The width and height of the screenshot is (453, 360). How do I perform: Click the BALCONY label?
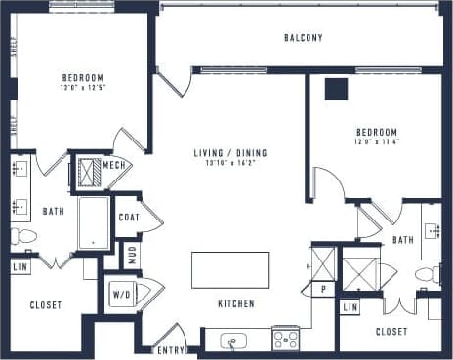pyautogui.click(x=304, y=38)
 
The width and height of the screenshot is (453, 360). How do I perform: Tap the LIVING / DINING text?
pyautogui.click(x=230, y=152)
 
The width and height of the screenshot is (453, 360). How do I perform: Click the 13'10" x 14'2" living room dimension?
pyautogui.click(x=230, y=164)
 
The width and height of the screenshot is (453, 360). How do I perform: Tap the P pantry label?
pyautogui.click(x=322, y=289)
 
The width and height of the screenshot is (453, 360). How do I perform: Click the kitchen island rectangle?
pyautogui.click(x=229, y=269)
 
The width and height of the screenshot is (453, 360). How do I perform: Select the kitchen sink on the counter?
pyautogui.click(x=233, y=340)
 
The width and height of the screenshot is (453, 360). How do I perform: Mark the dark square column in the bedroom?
pyautogui.click(x=337, y=89)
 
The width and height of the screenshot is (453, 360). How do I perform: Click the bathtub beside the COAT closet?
pyautogui.click(x=94, y=222)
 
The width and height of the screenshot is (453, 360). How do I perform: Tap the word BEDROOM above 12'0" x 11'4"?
pyautogui.click(x=376, y=133)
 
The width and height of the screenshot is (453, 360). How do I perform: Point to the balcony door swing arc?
pyautogui.click(x=173, y=82)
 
